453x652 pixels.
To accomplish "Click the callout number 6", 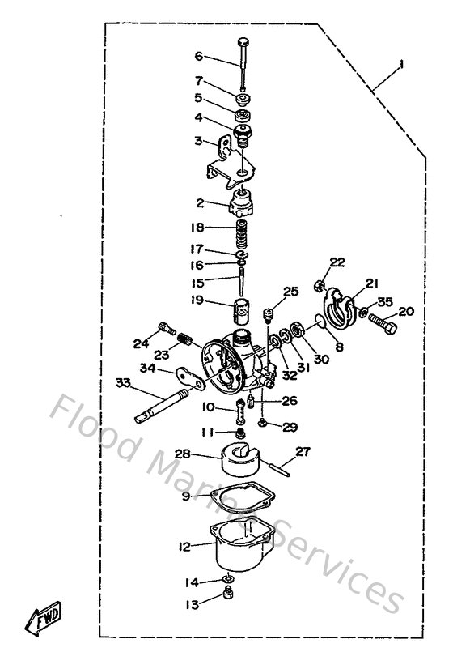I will pyautogui.click(x=199, y=56).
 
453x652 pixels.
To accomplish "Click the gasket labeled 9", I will pyautogui.click(x=239, y=498).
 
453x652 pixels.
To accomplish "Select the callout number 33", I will pyautogui.click(x=122, y=382).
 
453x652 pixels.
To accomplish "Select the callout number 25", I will pyautogui.click(x=290, y=292).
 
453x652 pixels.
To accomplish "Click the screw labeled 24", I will pyautogui.click(x=167, y=328).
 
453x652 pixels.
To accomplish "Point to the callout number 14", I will pyautogui.click(x=192, y=582).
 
